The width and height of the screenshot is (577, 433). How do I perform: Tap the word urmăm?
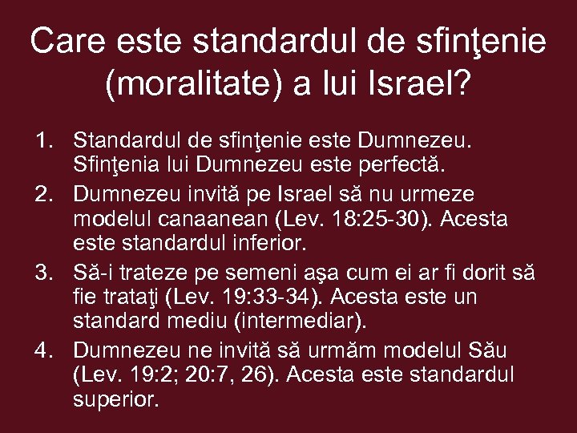353,350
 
